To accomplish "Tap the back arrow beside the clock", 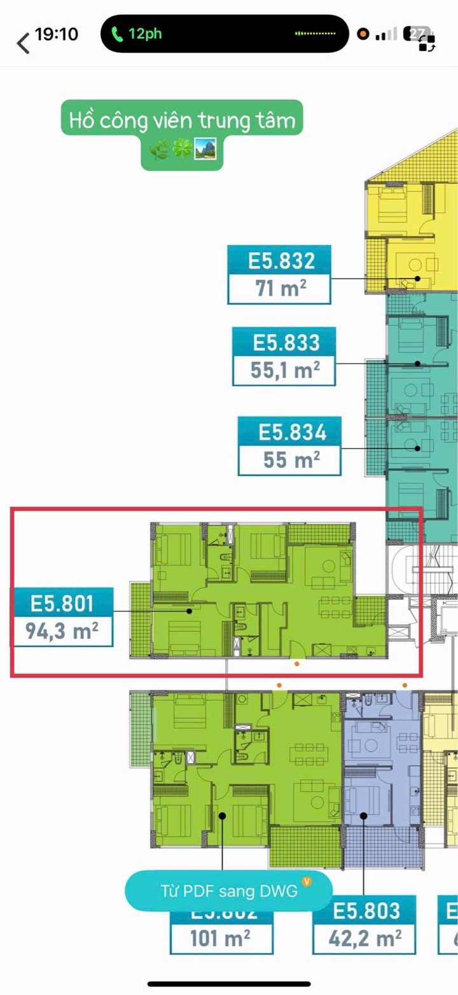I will point(24,43).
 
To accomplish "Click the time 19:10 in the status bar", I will point(57,34).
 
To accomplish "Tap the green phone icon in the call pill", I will point(117,34).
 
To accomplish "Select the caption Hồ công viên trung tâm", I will point(183,120).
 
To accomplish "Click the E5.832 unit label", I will point(281,261).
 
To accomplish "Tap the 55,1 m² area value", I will point(285,370).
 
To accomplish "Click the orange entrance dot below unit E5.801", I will point(297,664).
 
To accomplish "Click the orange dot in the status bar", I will point(363,34).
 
